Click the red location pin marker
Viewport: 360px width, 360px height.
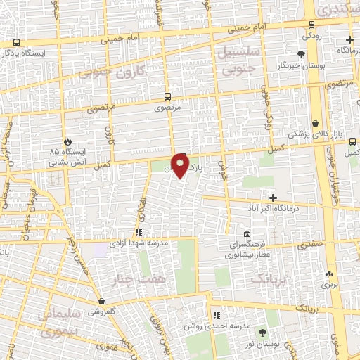click(181, 165)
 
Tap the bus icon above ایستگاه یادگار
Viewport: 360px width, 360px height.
click(16, 42)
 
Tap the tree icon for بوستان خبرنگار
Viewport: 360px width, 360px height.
click(302, 53)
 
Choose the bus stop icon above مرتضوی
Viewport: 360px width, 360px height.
click(167, 96)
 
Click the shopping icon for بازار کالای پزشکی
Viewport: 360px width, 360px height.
click(316, 122)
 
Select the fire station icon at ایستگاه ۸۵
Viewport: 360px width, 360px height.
click(68, 141)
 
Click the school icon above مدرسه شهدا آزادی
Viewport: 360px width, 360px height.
click(139, 231)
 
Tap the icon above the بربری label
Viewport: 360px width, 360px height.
click(329, 274)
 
